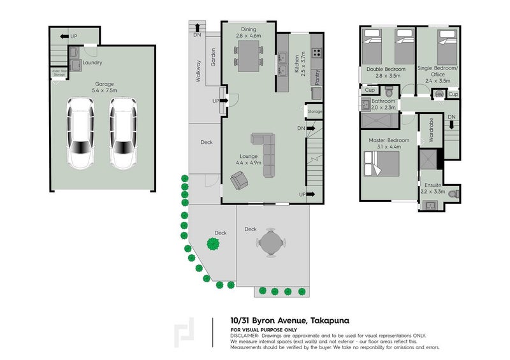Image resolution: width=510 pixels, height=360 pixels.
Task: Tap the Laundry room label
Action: [x=92, y=62]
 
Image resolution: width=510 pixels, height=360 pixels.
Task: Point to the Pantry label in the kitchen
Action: [x=317, y=76]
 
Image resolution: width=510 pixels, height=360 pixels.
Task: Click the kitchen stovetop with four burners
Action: [x=316, y=54]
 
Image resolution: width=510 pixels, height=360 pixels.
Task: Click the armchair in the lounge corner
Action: [x=240, y=182]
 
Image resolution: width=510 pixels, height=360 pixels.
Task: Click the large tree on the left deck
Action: [x=211, y=242]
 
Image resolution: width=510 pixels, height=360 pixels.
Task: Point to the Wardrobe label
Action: [x=431, y=130]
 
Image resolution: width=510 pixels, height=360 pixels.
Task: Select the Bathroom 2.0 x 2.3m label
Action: [x=384, y=104]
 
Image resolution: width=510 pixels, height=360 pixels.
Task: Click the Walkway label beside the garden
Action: [x=199, y=72]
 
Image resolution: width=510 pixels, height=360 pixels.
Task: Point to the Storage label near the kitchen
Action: [x=315, y=112]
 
